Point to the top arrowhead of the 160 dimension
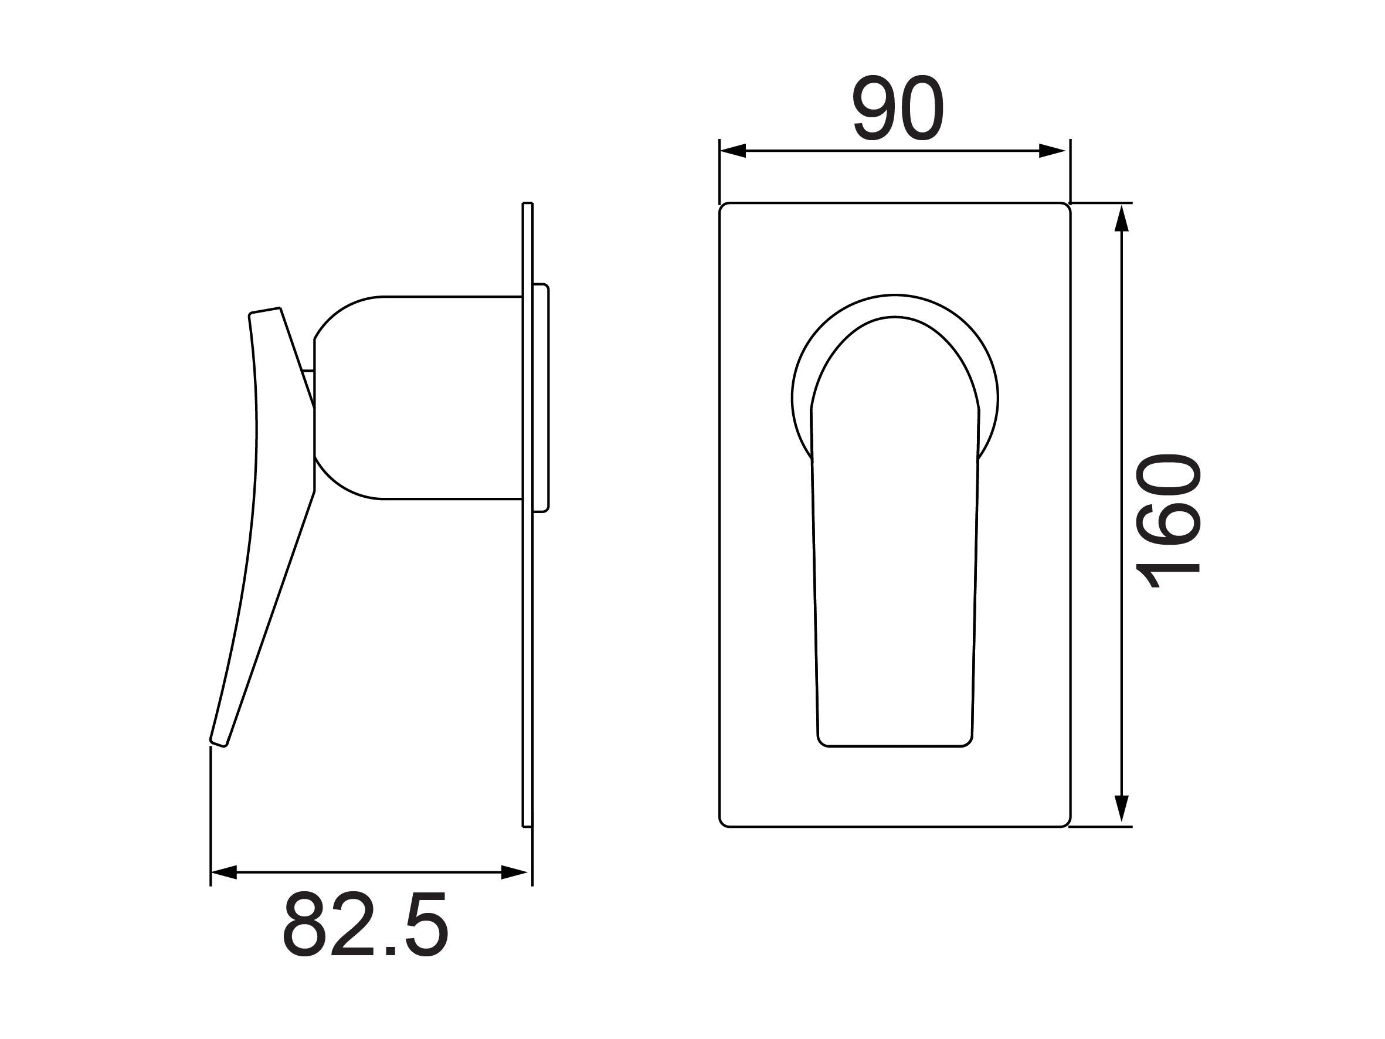coord(1121,219)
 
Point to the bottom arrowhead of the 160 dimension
coord(1121,808)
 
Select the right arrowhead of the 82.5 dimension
coord(514,872)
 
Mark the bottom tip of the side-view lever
coord(219,743)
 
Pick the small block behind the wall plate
coord(541,398)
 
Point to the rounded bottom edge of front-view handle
coord(894,746)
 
